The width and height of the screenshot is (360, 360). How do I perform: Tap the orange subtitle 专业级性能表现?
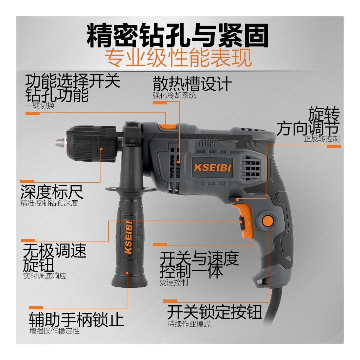pos(178,58)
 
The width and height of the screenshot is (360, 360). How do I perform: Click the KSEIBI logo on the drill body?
pos(212,167)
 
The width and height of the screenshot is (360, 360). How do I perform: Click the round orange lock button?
pos(268,221)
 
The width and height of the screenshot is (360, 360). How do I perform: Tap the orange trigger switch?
pos(245,220)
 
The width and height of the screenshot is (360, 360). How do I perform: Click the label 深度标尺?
pos(52,192)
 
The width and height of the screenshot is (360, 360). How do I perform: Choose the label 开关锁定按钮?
pos(215,312)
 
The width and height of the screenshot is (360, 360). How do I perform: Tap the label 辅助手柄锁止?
pos(76,319)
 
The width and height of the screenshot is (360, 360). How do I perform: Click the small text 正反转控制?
pos(322,139)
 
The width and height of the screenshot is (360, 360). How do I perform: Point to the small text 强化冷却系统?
pos(174,95)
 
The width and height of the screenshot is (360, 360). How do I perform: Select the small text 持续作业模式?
pos(189,324)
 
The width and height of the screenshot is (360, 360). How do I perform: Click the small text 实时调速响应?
pos(45,276)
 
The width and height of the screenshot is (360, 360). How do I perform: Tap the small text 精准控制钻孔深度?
pos(49,203)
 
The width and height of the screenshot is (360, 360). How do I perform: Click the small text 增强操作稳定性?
pos(54,331)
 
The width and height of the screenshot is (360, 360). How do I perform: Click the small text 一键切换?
pos(40,105)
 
